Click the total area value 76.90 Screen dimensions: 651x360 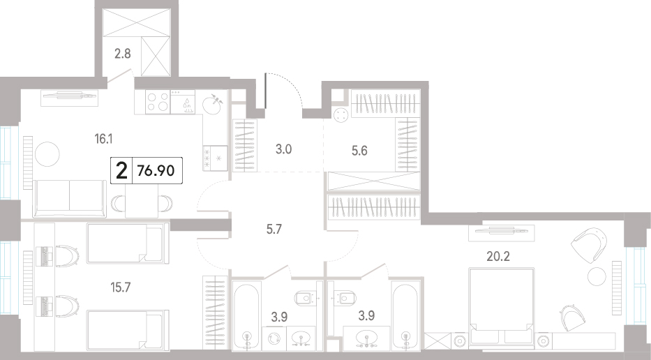pyautogui.click(x=156, y=170)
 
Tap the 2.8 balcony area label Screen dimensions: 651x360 pyautogui.click(x=123, y=54)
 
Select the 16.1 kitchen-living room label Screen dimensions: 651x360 pyautogui.click(x=103, y=139)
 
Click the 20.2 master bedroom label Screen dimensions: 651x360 pyautogui.click(x=498, y=256)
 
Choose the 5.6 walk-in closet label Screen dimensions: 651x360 pyautogui.click(x=359, y=150)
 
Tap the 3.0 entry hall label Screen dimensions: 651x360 pyautogui.click(x=283, y=149)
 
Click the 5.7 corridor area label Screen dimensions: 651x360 pyautogui.click(x=274, y=228)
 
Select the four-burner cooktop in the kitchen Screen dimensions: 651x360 pyautogui.click(x=158, y=102)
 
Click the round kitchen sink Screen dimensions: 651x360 pyautogui.click(x=213, y=104)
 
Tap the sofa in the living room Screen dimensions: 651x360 pyautogui.click(x=69, y=199)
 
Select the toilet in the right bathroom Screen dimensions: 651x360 pyautogui.click(x=346, y=298)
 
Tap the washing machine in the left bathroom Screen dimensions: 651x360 pyautogui.click(x=274, y=338)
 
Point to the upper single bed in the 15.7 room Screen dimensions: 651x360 pyautogui.click(x=128, y=243)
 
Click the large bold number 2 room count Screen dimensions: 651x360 pyautogui.click(x=121, y=170)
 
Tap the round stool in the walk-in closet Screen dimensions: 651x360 pyautogui.click(x=342, y=115)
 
